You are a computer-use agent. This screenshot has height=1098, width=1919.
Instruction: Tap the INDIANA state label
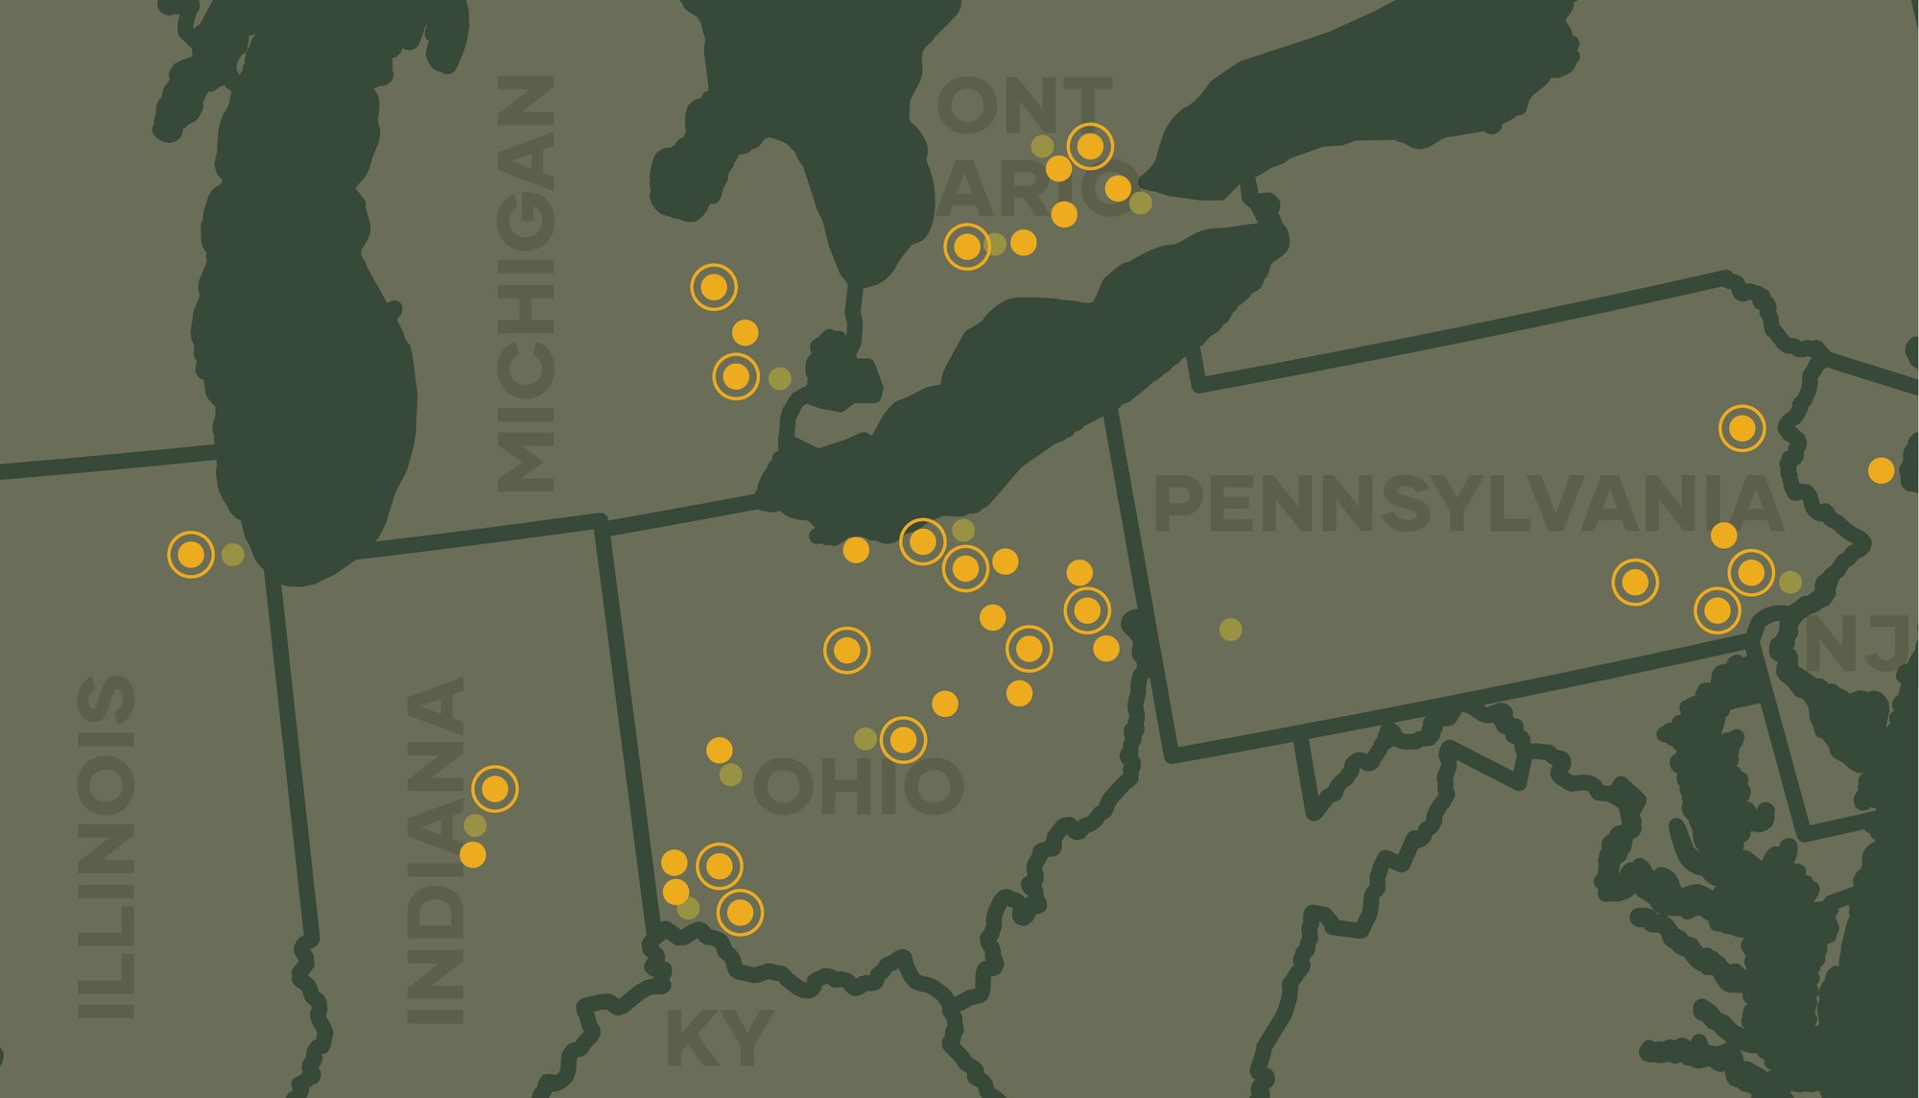436,850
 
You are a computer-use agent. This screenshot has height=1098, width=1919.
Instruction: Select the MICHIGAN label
526,283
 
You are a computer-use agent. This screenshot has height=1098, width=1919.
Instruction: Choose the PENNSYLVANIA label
1468,505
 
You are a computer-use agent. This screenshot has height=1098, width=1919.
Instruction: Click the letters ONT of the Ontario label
1024,107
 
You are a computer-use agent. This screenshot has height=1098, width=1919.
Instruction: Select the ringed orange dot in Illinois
191,554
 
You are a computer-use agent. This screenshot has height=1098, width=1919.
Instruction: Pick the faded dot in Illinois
232,554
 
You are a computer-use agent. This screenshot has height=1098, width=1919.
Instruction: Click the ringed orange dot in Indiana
495,789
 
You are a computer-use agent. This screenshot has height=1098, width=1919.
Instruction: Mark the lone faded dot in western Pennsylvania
1230,629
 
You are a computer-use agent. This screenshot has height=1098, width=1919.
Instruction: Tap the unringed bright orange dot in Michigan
745,333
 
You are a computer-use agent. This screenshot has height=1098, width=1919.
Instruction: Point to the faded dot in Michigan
780,378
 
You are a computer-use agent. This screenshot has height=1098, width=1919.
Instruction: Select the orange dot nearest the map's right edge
1882,470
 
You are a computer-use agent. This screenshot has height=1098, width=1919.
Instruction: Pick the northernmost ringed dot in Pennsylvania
1741,427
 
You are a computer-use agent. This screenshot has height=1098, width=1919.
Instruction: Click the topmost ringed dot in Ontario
1090,146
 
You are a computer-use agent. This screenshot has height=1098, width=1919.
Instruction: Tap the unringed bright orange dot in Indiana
472,854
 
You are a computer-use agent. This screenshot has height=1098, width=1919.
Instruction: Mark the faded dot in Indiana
475,824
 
